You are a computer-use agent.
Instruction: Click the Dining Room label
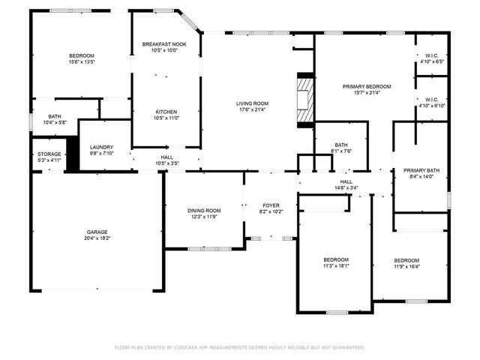tap(203, 210)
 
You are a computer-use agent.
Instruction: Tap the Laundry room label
tap(100, 147)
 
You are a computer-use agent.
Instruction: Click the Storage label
tap(49, 154)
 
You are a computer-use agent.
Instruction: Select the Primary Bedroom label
tap(367, 86)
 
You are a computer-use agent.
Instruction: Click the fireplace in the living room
tap(304, 103)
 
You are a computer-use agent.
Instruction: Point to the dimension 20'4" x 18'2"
tap(97, 238)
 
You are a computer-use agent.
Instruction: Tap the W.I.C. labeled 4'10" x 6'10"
tap(431, 103)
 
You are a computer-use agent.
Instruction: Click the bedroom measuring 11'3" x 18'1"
tap(335, 262)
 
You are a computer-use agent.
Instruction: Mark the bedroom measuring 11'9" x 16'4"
tap(406, 262)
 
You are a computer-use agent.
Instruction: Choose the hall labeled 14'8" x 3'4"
tap(346, 184)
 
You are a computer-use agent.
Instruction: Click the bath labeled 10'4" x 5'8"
tap(55, 119)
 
